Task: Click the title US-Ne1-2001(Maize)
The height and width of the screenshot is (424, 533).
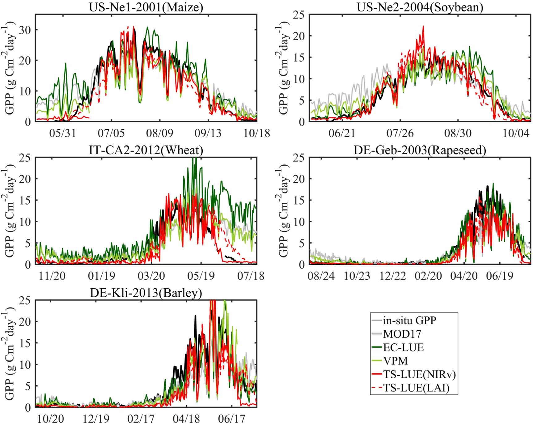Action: click(x=146, y=7)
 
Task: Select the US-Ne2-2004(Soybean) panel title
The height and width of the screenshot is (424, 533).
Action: click(x=420, y=7)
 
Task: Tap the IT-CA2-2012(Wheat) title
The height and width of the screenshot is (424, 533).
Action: click(x=146, y=150)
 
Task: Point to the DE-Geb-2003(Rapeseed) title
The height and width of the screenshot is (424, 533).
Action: click(x=420, y=150)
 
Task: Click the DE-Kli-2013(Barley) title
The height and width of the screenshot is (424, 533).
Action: click(x=146, y=292)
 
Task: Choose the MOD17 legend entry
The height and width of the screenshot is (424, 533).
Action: click(x=402, y=334)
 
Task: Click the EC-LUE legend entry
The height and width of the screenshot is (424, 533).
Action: click(x=403, y=347)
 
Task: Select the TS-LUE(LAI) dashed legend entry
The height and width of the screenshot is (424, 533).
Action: click(x=416, y=388)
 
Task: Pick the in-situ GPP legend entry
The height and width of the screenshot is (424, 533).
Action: click(x=409, y=320)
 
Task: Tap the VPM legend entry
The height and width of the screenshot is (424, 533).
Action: click(x=396, y=361)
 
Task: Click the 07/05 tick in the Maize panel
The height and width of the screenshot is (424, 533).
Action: click(x=111, y=133)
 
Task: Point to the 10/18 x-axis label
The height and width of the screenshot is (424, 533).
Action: click(x=256, y=133)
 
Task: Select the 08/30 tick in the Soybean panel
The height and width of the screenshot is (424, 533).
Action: click(x=458, y=133)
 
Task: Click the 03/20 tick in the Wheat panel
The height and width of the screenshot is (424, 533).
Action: click(x=151, y=276)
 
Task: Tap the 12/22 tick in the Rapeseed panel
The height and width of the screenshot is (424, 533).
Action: click(x=392, y=276)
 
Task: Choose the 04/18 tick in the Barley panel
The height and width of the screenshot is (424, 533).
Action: click(x=186, y=418)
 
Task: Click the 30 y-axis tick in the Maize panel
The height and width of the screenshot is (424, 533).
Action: click(x=25, y=30)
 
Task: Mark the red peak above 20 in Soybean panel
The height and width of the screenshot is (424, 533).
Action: click(x=423, y=27)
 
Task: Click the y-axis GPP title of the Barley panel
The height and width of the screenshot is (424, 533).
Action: click(x=10, y=354)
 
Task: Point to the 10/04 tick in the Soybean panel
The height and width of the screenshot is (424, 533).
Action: click(x=516, y=133)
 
